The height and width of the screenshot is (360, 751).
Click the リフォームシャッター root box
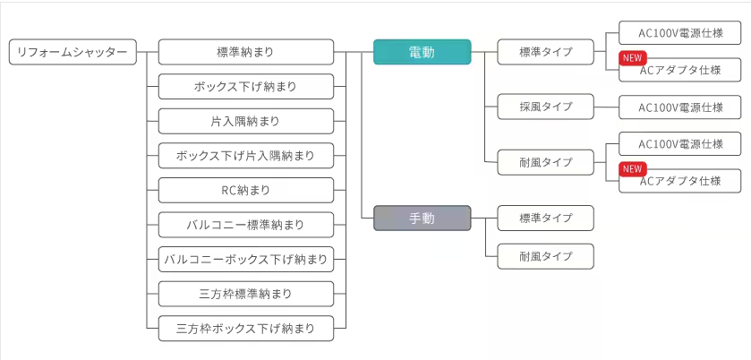73,53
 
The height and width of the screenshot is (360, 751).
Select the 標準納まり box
245,53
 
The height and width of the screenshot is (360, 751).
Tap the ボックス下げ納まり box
245,87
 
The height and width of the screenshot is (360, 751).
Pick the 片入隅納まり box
245,121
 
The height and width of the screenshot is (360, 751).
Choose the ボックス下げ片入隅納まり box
245,156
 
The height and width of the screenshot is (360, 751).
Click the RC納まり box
245,190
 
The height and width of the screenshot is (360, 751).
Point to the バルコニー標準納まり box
245,225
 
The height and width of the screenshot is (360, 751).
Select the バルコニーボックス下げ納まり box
245,260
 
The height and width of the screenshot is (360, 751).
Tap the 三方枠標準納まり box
245,294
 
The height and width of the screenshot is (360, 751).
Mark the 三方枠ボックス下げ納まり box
245,329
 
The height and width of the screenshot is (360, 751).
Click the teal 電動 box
422,53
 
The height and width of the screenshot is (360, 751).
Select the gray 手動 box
422,219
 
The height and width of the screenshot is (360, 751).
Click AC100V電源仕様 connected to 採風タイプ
680,107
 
